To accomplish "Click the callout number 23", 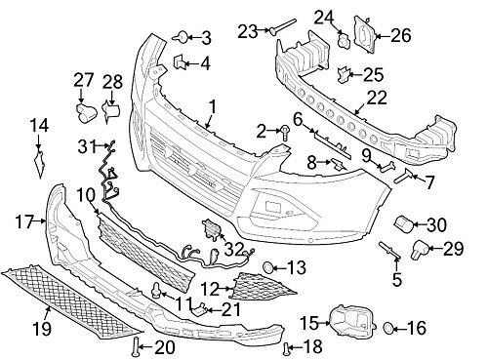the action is tap(248, 31).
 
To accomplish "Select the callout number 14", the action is tap(39, 126).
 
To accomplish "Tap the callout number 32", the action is tap(235, 250).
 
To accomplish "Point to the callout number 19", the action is tap(42, 329).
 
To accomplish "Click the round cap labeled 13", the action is tap(268, 267).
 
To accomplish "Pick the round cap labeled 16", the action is tap(388, 328).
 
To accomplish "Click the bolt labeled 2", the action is tap(285, 133).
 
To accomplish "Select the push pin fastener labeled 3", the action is tap(181, 37).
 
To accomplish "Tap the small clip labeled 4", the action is tap(180, 61).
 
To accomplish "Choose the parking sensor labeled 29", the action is tap(420, 250).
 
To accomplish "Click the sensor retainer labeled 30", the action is tap(404, 223).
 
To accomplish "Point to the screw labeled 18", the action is tap(287, 349).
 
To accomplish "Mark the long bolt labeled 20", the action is tap(135, 346).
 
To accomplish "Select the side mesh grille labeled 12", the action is tap(263, 287).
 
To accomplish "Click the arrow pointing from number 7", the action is tap(418, 178).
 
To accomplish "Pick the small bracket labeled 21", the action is tap(199, 309).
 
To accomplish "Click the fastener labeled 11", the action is tap(157, 291).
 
